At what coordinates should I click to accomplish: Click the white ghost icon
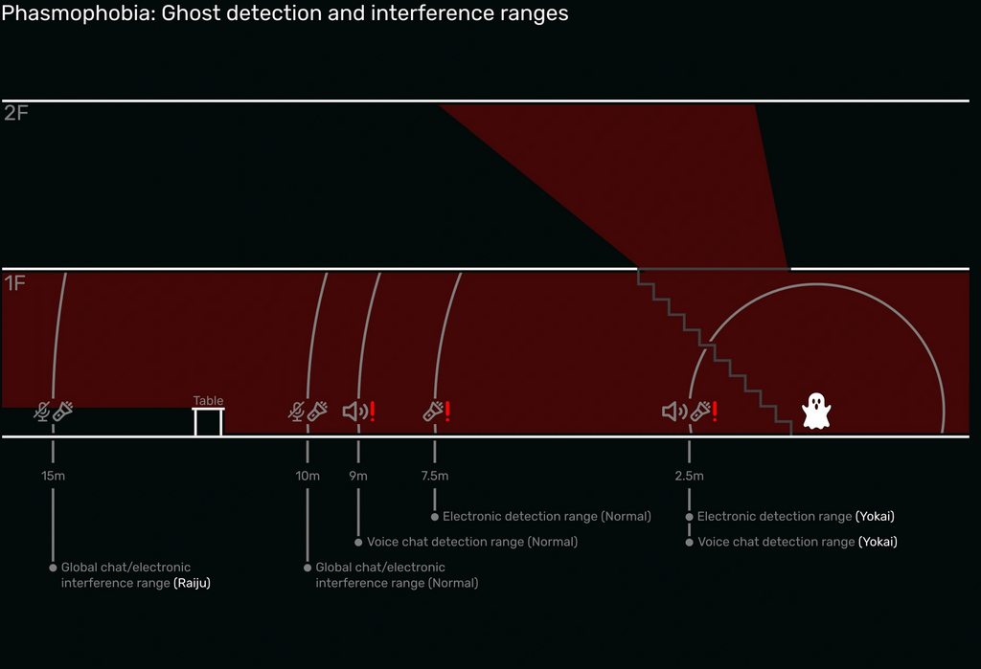tap(816, 411)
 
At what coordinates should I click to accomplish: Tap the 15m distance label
tap(54, 476)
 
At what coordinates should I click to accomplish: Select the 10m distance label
tap(308, 476)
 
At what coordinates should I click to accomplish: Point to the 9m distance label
tap(358, 476)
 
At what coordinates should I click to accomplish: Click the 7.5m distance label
tap(435, 476)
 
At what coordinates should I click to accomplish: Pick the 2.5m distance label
tap(689, 476)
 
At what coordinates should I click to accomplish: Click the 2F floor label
tap(16, 114)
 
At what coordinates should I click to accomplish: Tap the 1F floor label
tap(15, 283)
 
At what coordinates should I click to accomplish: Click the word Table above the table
tap(208, 401)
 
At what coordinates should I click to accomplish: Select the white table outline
tap(209, 422)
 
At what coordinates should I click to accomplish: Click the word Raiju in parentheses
tap(192, 583)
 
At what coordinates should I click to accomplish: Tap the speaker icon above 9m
tap(354, 412)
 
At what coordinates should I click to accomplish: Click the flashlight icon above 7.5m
tap(433, 412)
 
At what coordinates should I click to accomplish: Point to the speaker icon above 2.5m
tap(674, 412)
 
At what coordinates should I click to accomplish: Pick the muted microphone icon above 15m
tap(42, 412)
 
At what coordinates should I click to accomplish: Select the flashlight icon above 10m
tap(318, 412)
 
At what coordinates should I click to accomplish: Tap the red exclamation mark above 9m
tap(372, 412)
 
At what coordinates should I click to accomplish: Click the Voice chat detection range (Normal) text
tap(472, 542)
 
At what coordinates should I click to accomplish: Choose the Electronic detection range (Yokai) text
tap(796, 517)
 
